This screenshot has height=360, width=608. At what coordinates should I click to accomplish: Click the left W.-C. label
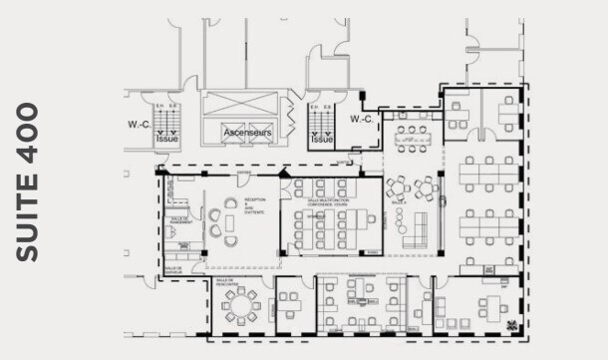pyautogui.click(x=138, y=125)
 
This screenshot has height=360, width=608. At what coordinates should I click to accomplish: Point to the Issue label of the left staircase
pyautogui.click(x=166, y=141)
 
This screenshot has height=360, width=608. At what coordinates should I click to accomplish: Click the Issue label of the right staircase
pyautogui.click(x=322, y=141)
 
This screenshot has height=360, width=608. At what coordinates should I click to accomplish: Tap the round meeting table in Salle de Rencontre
pyautogui.click(x=240, y=301)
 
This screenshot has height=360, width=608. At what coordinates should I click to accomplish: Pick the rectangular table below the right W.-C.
pyautogui.click(x=411, y=134)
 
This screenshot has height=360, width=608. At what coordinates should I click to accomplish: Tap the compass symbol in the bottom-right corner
pyautogui.click(x=512, y=325)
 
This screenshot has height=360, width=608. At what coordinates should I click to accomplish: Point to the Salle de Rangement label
pyautogui.click(x=179, y=220)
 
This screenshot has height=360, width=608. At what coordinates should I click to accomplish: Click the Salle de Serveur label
pyautogui.click(x=172, y=269)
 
